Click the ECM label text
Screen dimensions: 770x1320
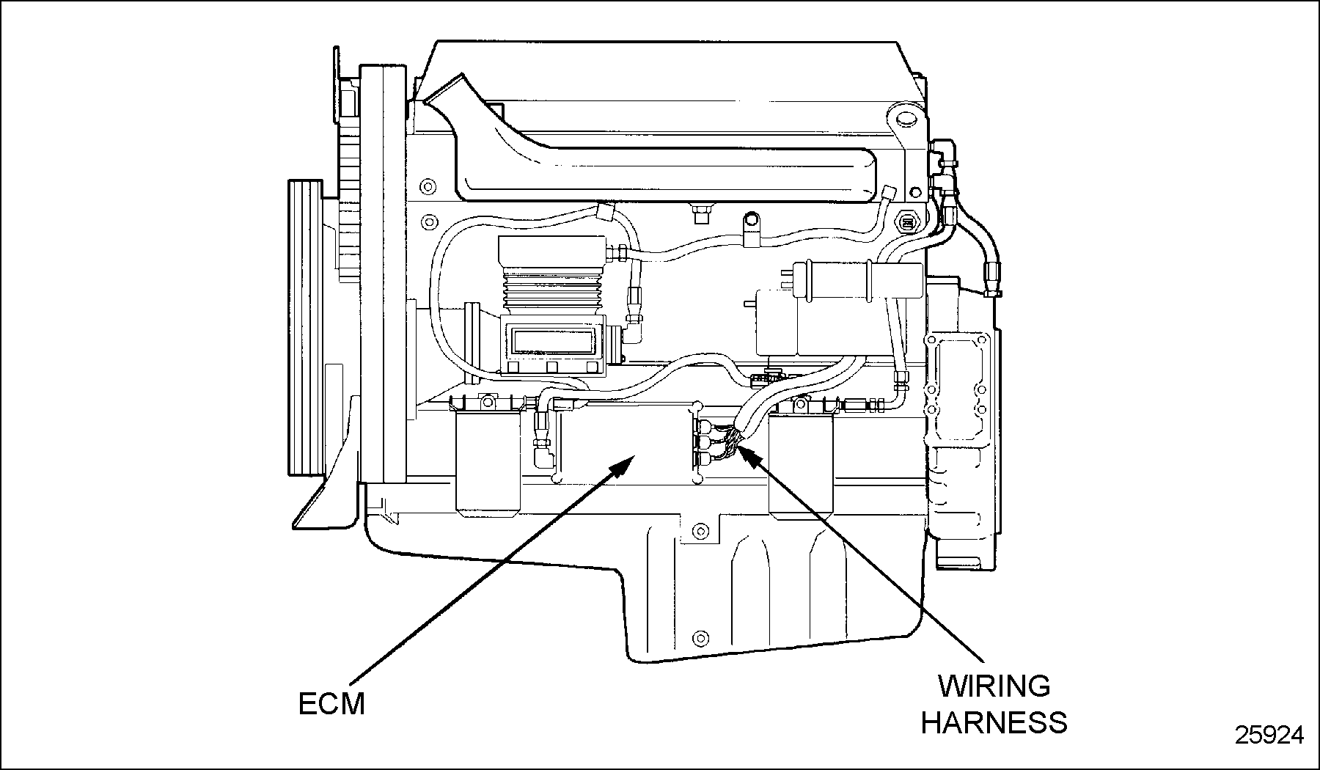point(331,704)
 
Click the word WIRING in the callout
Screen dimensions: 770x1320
point(995,686)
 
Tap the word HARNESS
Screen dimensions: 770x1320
point(994,722)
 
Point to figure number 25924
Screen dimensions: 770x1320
point(1269,735)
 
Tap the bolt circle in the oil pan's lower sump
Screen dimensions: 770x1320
point(700,635)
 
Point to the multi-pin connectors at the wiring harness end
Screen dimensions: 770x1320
point(705,444)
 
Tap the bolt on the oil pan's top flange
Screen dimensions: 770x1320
point(700,529)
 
